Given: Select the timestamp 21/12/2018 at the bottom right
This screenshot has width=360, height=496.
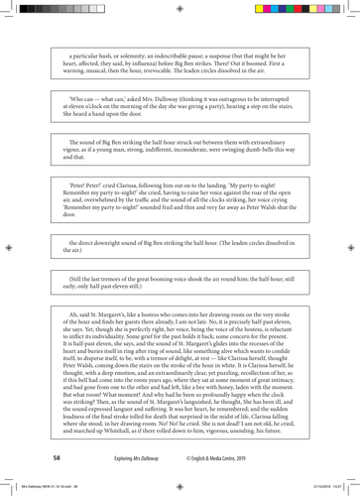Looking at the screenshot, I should pyautogui.click(x=322, y=488).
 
